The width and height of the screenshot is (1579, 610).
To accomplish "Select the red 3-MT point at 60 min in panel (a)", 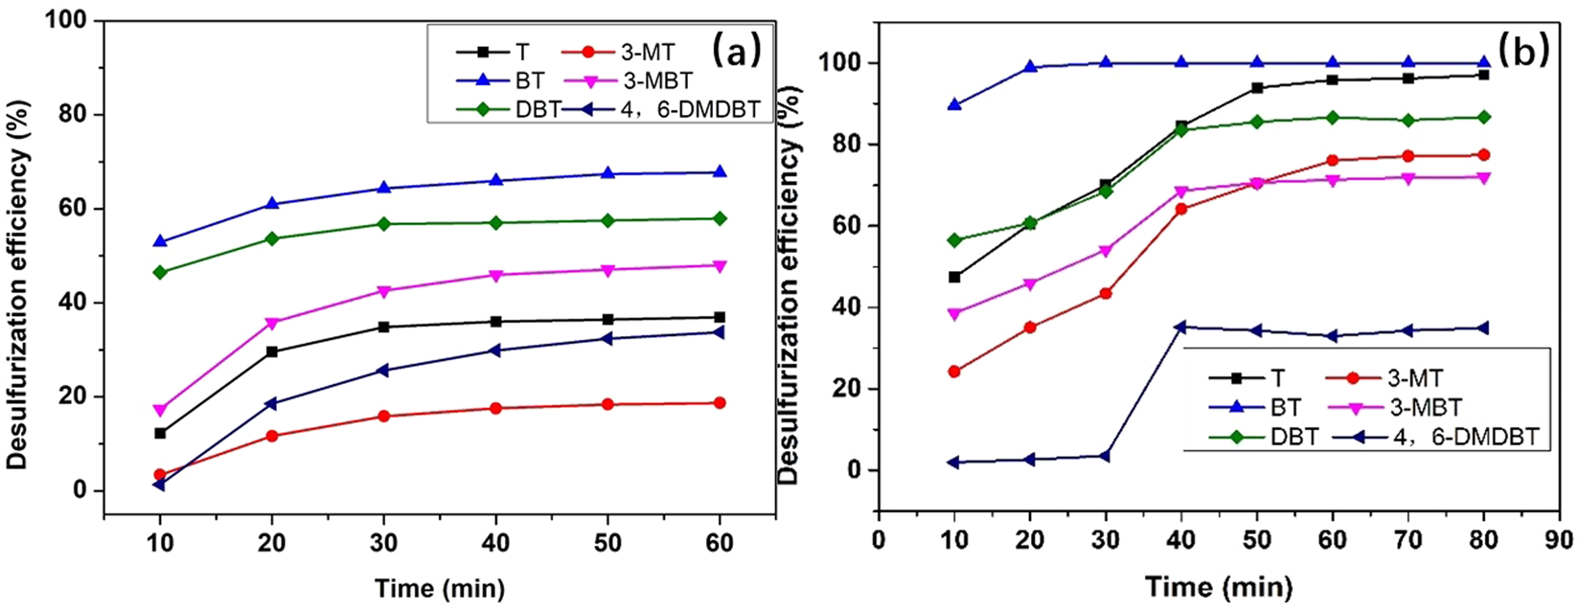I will point(720,403).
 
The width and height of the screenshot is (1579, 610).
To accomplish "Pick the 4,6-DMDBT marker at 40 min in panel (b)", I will point(1180,327).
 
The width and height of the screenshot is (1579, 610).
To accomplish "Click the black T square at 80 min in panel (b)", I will point(1483,75).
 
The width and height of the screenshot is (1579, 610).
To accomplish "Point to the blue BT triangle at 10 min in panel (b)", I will point(954,104).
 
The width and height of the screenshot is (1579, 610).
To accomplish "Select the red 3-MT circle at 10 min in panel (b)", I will point(954,372).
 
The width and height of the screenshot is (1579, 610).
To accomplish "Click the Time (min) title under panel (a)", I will point(439,587).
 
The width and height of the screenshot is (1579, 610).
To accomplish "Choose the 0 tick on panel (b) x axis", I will point(879,540).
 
